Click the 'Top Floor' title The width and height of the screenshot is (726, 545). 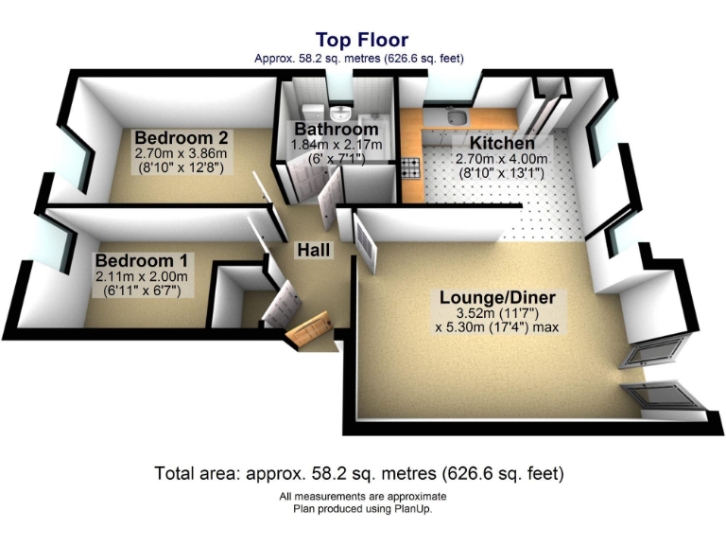[x=362, y=40]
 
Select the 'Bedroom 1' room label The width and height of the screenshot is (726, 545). [x=142, y=259]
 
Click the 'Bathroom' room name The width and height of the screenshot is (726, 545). [x=336, y=129]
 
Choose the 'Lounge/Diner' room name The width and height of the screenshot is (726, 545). [x=497, y=298]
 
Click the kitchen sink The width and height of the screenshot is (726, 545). [x=456, y=118]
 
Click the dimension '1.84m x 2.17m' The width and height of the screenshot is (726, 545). [x=336, y=145]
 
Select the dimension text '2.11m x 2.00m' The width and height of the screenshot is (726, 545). [x=142, y=276]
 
